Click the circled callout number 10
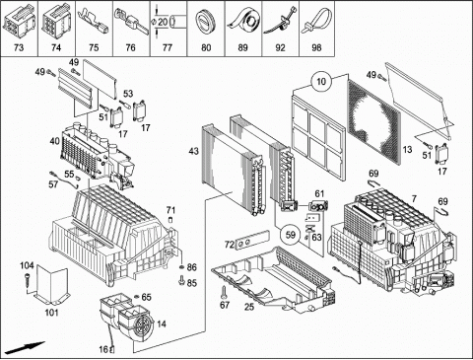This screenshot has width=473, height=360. (x=321, y=81)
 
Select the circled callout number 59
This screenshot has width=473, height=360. (x=291, y=235)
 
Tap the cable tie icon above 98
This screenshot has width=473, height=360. (x=318, y=21)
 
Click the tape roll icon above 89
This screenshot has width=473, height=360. (x=243, y=21)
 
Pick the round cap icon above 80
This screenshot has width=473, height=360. (x=205, y=22)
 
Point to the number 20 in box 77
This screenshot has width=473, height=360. (x=163, y=22)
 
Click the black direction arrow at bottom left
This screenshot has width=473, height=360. (x=25, y=348)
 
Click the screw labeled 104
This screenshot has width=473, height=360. (x=28, y=279)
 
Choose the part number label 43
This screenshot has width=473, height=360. (x=193, y=151)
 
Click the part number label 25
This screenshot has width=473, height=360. (x=249, y=307)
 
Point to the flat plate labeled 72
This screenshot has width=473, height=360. (x=252, y=240)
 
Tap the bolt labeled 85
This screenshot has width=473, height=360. (x=181, y=281)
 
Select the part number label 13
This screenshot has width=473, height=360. (x=407, y=150)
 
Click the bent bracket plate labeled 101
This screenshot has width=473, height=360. (x=51, y=285)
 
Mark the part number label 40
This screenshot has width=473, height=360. (x=54, y=141)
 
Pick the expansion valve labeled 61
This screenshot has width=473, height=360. (x=318, y=206)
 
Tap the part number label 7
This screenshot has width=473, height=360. (x=414, y=199)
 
